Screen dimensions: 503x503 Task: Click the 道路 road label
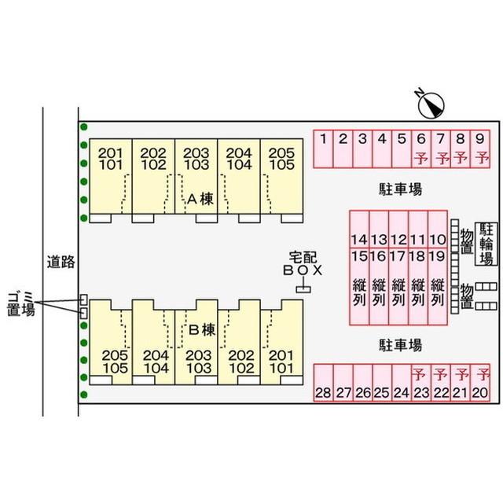click(60, 263)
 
